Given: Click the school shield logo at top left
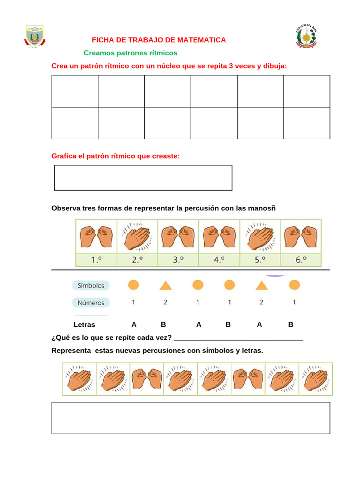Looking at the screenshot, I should [x=34, y=36].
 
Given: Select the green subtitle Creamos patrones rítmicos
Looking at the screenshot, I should [x=130, y=53].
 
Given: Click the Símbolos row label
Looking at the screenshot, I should [x=91, y=285].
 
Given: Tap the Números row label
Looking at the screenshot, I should [x=91, y=302].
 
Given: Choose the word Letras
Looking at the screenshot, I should [x=84, y=324].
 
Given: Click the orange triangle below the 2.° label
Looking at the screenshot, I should [x=165, y=285].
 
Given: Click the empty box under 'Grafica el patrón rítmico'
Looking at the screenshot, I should [x=143, y=178].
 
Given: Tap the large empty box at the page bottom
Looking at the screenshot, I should [x=190, y=418].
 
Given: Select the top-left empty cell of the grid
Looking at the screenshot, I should [x=75, y=91].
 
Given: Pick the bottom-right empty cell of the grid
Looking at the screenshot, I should [x=307, y=123].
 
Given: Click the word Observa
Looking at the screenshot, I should [x=65, y=208].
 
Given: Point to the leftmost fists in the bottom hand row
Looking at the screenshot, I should [x=145, y=378].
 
